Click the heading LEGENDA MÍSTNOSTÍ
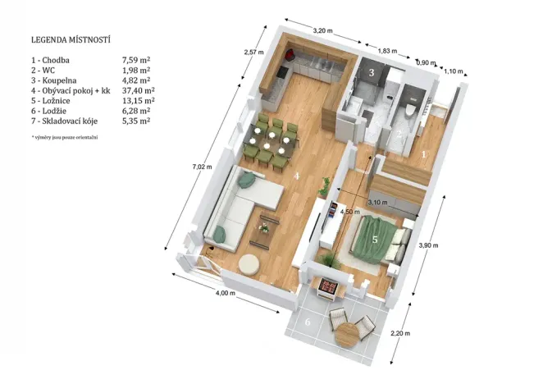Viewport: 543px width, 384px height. click(71, 39)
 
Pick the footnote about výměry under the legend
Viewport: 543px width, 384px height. click(64, 136)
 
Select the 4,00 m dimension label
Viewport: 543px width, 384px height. click(225, 293)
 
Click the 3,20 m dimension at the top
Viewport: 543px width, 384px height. click(323, 30)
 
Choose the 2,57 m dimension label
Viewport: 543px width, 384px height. click(255, 53)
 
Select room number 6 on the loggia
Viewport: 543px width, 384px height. click(308, 322)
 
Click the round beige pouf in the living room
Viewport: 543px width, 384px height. click(249, 264)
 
